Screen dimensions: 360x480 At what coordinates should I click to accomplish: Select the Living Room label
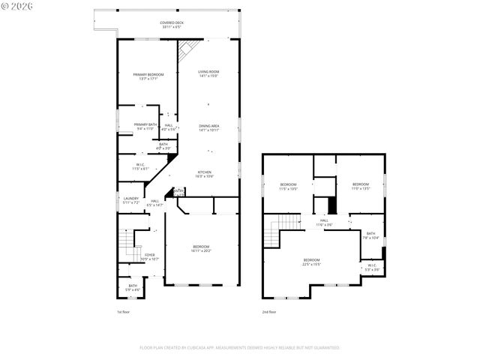coord(208,73)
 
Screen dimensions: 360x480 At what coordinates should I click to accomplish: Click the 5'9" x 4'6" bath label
coord(133,286)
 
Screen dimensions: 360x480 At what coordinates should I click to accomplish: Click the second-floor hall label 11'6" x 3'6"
coord(324,222)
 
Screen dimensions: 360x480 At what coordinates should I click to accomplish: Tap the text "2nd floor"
coord(269,311)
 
